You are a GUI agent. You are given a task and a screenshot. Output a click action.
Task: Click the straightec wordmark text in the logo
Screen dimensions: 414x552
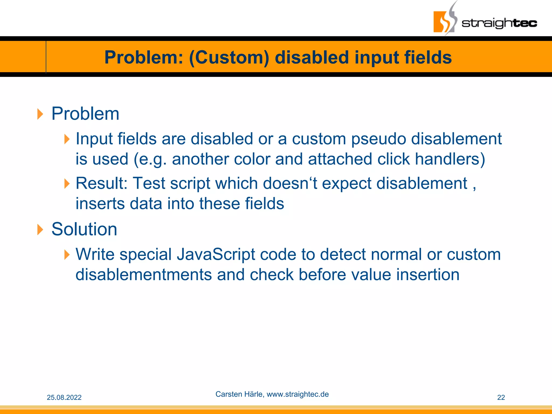(499, 23)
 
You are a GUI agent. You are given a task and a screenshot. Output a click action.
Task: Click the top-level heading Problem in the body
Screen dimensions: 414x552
(85, 114)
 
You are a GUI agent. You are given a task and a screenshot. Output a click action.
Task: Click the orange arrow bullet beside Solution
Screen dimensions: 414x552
(40, 230)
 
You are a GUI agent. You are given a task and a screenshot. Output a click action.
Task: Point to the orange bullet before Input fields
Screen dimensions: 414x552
(67, 139)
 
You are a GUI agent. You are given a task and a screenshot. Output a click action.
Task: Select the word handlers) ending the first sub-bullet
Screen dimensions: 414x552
(450, 159)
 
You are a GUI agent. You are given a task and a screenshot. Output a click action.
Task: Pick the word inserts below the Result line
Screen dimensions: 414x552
(100, 203)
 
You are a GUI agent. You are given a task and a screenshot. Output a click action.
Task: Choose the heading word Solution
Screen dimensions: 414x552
(84, 229)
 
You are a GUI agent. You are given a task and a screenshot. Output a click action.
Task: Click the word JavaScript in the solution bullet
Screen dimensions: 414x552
(216, 254)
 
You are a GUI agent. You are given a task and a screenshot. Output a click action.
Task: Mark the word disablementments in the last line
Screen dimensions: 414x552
(144, 275)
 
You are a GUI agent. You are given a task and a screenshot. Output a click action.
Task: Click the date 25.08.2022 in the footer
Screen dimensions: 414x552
(64, 398)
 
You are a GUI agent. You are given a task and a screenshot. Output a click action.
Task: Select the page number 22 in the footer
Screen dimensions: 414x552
(501, 398)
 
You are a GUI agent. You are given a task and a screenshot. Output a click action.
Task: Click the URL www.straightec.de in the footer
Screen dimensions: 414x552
(298, 394)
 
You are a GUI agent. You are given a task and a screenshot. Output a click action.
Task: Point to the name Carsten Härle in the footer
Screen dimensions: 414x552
(239, 394)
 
